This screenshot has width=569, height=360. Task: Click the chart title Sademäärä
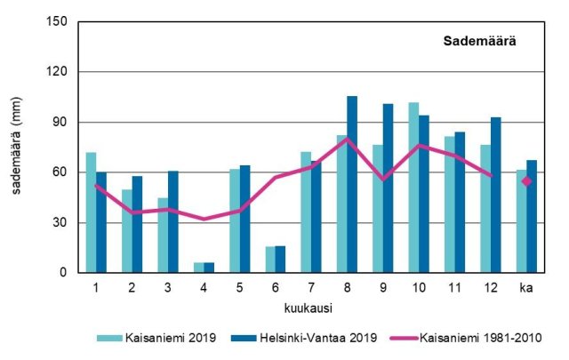[481, 41]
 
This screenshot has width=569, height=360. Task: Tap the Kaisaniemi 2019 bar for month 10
[413, 188]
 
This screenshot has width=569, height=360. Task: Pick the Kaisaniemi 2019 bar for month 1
[91, 212]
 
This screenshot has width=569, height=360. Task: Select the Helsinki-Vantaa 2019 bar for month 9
[388, 188]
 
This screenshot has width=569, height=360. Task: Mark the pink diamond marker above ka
[526, 181]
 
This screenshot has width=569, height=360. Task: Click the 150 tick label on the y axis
[60, 21]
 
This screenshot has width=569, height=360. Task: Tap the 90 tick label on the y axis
[63, 122]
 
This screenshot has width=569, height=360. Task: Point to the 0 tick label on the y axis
[67, 273]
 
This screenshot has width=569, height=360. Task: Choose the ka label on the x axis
[525, 287]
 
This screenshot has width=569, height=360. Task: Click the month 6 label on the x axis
[275, 287]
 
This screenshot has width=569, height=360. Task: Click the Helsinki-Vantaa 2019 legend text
[318, 338]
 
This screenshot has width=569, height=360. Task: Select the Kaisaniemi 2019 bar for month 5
[234, 220]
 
